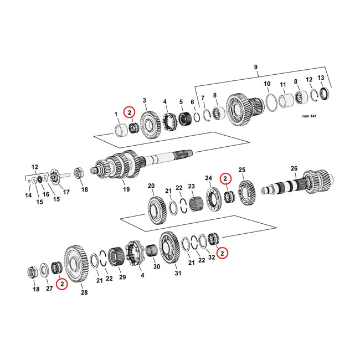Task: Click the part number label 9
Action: tap(255, 68)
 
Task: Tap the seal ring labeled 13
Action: tap(323, 92)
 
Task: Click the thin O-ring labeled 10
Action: tap(271, 102)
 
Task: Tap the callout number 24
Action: tap(208, 178)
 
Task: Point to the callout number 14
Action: tap(27, 196)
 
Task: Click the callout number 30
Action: tap(157, 267)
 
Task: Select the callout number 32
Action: tap(212, 258)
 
